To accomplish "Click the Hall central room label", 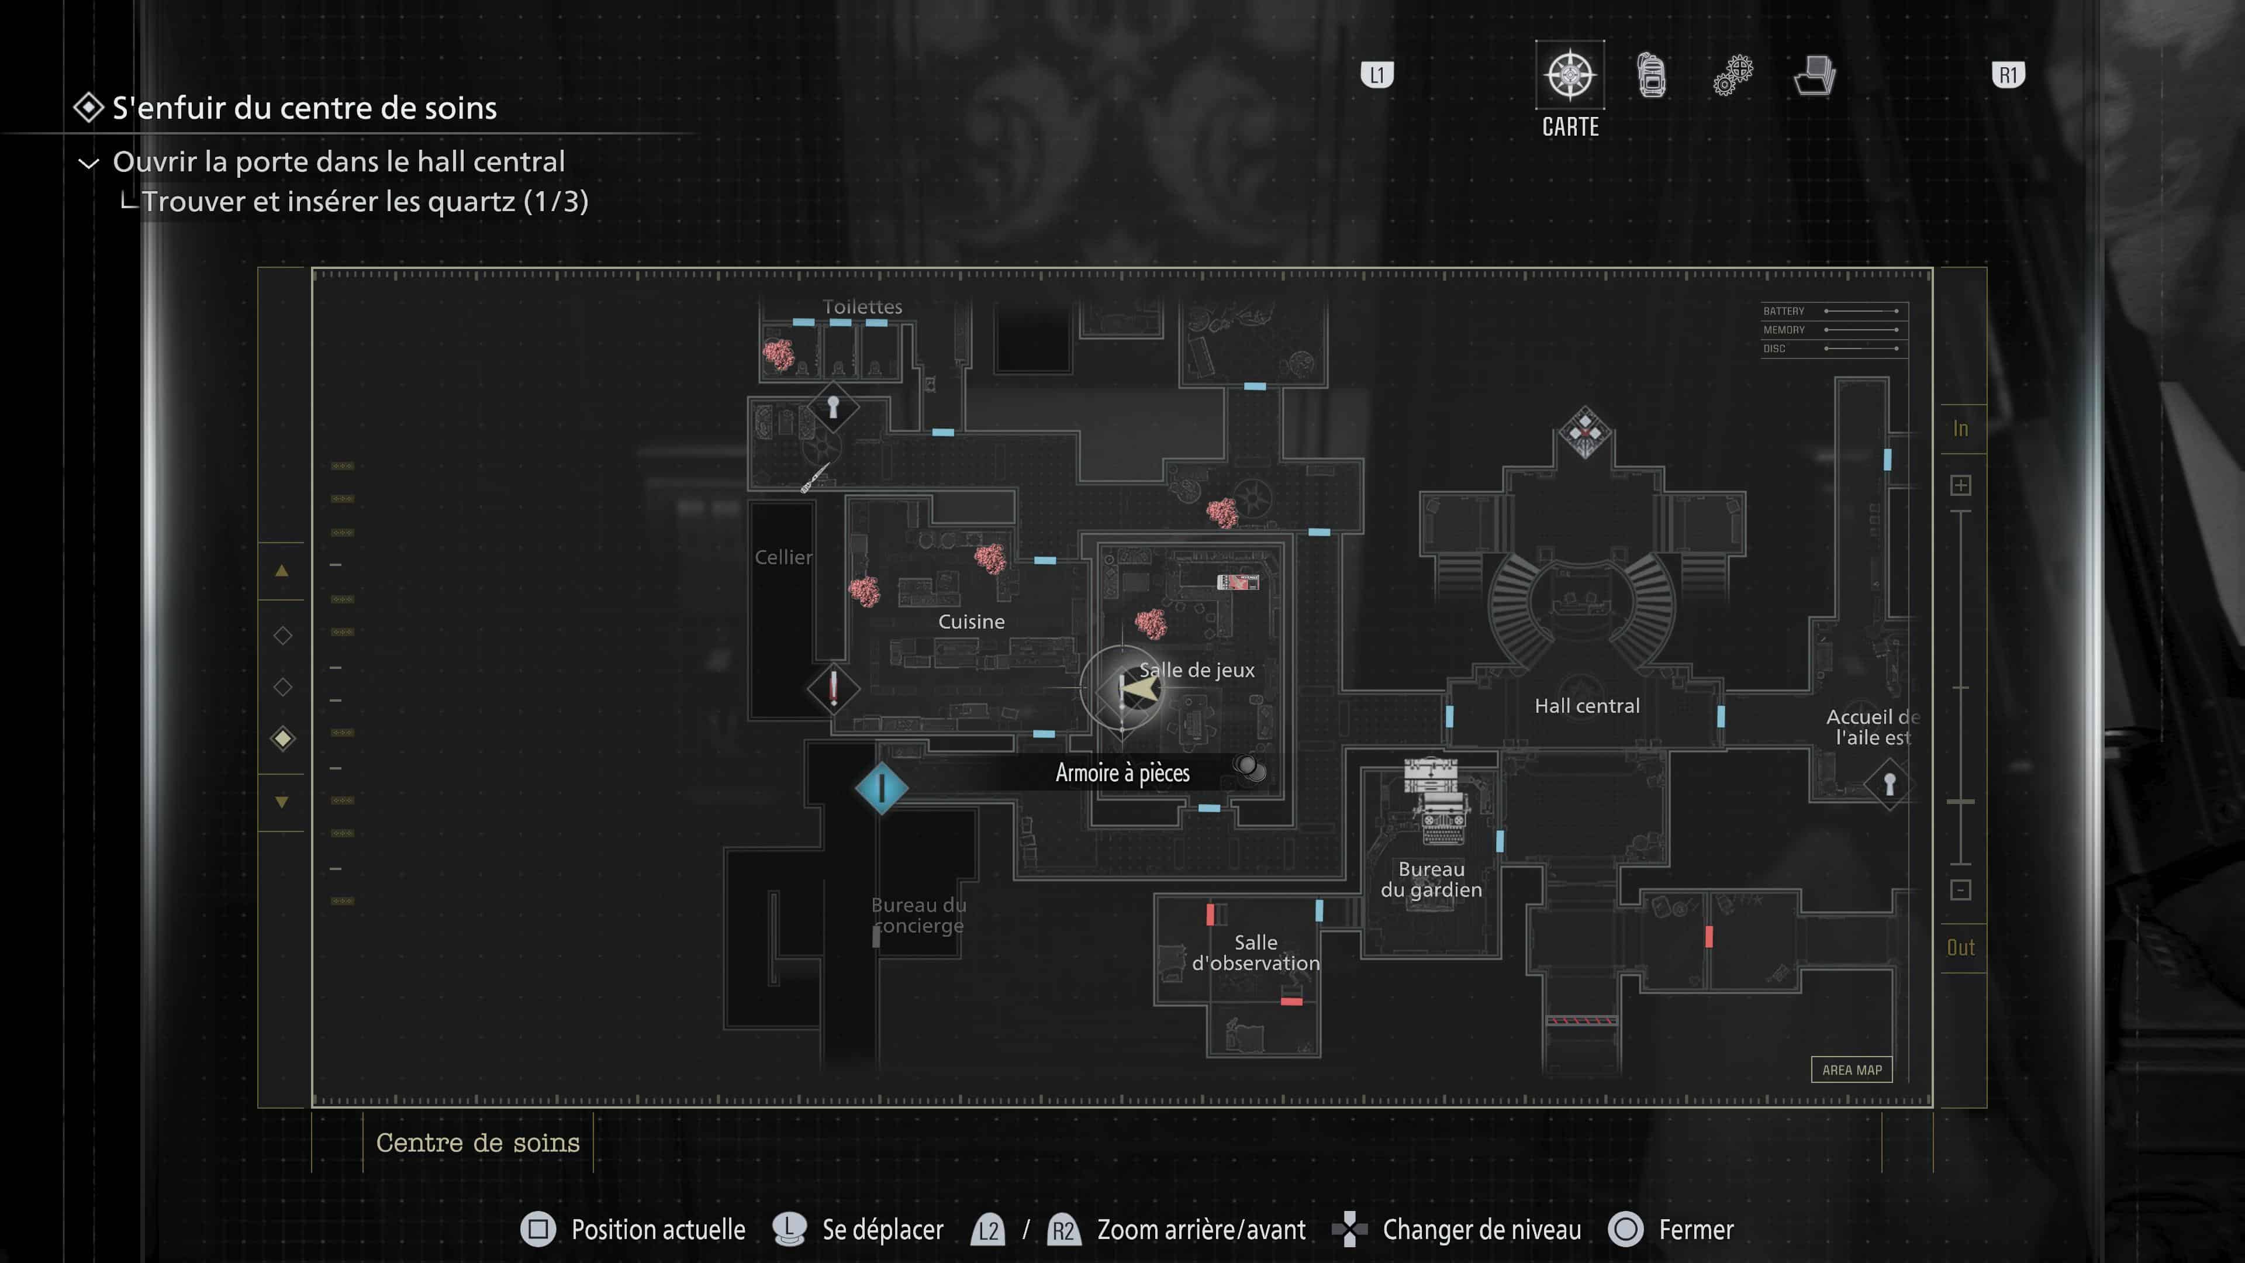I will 1587,706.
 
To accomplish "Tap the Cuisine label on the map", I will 971,622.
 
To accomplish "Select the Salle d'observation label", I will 1255,953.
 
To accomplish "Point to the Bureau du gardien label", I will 1431,879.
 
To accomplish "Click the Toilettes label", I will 862,307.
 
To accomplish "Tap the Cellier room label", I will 783,557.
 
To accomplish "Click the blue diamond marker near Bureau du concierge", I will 881,788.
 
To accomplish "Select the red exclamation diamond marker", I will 833,689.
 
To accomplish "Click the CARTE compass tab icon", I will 1570,75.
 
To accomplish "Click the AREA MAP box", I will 1851,1069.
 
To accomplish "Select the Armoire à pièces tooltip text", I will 1122,773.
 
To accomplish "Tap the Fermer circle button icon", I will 1625,1229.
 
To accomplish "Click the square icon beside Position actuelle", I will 538,1229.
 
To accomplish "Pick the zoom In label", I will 1960,429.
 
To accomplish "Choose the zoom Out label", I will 1960,947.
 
